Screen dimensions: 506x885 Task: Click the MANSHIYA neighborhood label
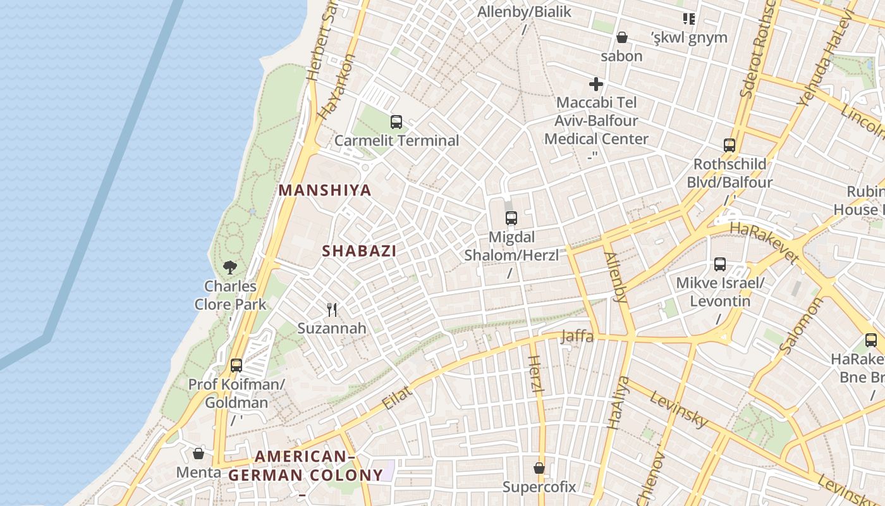(325, 190)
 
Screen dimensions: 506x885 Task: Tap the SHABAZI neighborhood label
(359, 250)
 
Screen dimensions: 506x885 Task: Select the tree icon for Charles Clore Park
(230, 268)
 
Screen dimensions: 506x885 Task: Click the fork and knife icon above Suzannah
(332, 309)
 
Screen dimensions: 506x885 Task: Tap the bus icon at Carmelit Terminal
(396, 121)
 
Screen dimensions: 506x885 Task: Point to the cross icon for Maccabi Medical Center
(595, 83)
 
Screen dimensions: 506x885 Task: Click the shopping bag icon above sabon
(622, 37)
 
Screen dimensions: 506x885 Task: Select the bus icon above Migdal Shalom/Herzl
(511, 218)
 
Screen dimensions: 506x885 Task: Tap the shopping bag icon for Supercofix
(539, 468)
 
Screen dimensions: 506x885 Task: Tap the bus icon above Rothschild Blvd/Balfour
(729, 145)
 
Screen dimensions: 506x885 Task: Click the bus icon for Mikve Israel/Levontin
(720, 264)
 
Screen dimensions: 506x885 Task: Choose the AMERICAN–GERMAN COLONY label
(305, 466)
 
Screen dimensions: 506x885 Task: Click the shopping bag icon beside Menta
(198, 454)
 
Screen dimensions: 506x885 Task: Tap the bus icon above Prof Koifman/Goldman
(236, 365)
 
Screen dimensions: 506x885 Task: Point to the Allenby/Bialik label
(524, 11)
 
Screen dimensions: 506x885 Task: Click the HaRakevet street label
(764, 242)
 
